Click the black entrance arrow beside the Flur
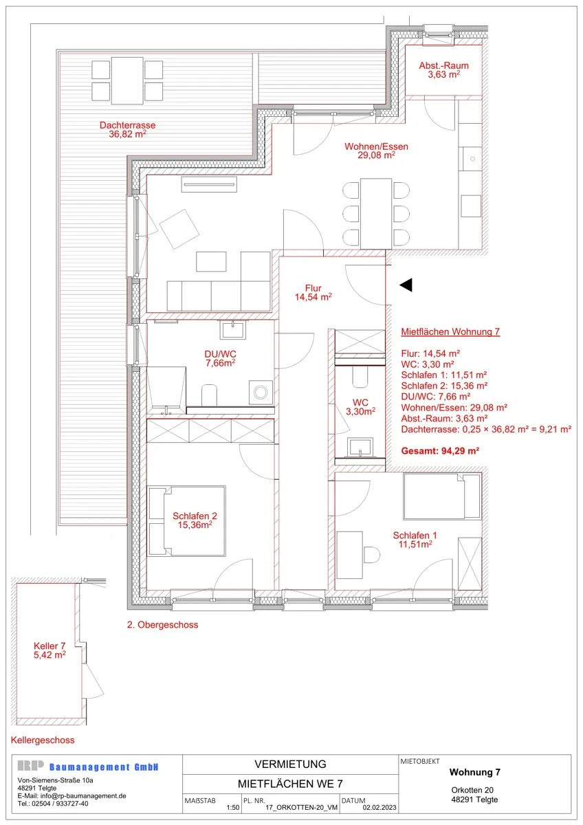pyautogui.click(x=406, y=285)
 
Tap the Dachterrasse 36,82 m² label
pyautogui.click(x=127, y=130)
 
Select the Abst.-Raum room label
pyautogui.click(x=444, y=70)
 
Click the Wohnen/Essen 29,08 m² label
pyautogui.click(x=376, y=151)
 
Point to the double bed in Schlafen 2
pyautogui.click(x=186, y=521)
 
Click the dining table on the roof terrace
pyautogui.click(x=127, y=80)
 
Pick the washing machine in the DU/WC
pyautogui.click(x=261, y=393)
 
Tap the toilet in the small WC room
pyautogui.click(x=360, y=376)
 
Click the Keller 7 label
pyautogui.click(x=49, y=650)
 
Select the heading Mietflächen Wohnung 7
pyautogui.click(x=450, y=332)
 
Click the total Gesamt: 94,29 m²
pyautogui.click(x=440, y=451)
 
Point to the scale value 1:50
pyautogui.click(x=233, y=808)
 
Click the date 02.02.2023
pyautogui.click(x=379, y=808)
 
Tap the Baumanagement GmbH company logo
pyautogui.click(x=88, y=767)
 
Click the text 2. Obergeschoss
pyautogui.click(x=163, y=625)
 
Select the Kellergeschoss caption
pyautogui.click(x=43, y=740)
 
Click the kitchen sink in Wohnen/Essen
pyautogui.click(x=472, y=159)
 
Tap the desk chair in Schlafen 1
pyautogui.click(x=372, y=555)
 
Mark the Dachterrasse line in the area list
pyautogui.click(x=486, y=430)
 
